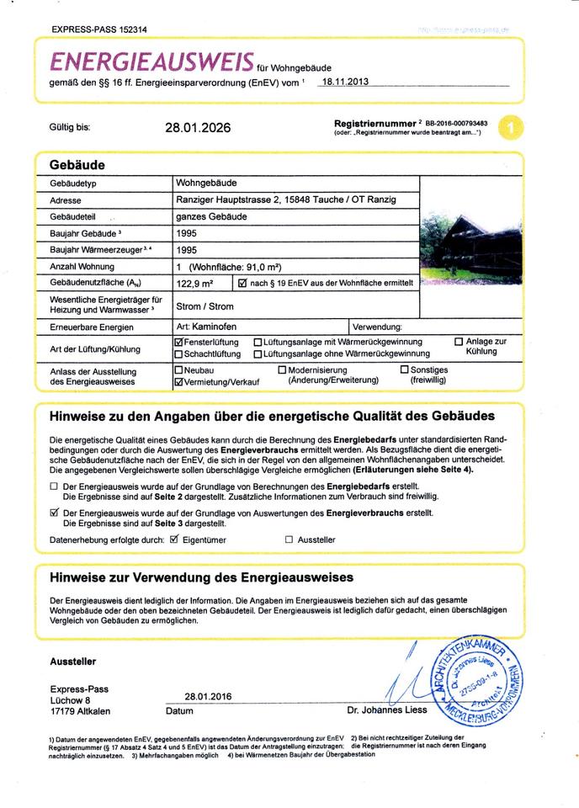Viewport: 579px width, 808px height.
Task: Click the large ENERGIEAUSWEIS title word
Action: click(x=152, y=61)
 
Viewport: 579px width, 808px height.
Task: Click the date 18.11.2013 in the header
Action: click(x=346, y=82)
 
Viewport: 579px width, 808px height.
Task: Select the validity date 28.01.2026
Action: click(x=198, y=128)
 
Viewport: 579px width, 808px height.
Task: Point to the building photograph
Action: click(x=460, y=243)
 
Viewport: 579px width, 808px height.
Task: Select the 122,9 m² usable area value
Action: click(x=194, y=284)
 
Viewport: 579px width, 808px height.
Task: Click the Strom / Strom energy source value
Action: click(x=205, y=306)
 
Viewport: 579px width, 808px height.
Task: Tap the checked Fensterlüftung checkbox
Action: click(x=178, y=343)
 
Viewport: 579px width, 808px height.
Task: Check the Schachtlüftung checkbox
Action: click(x=178, y=354)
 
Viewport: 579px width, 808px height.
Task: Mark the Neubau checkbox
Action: click(x=178, y=369)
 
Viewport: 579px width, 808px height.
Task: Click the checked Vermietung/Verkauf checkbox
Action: click(x=178, y=381)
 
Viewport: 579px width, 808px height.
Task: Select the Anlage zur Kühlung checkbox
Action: click(x=459, y=342)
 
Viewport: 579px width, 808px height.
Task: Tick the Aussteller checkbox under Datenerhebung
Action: click(x=289, y=540)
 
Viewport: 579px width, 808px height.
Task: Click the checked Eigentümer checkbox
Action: click(x=175, y=539)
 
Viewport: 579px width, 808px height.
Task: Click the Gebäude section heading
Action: click(x=77, y=165)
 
